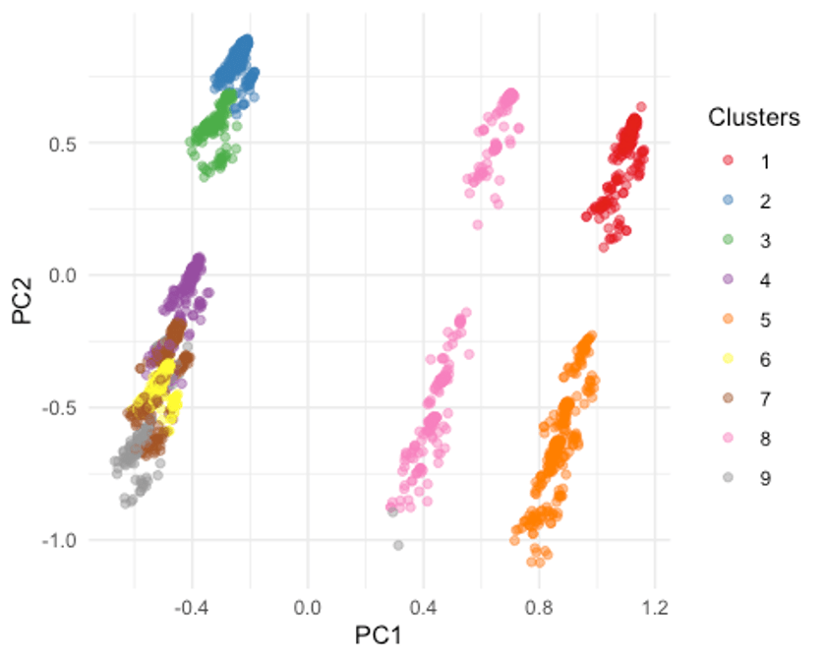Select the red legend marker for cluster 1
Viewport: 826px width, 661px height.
726,160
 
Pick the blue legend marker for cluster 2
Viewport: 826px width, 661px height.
726,201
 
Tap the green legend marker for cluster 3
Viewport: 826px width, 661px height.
726,240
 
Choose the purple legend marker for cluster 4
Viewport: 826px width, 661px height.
726,280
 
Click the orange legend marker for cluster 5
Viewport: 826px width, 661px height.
726,320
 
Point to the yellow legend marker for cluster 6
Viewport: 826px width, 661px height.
726,360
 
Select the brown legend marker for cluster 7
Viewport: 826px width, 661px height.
726,399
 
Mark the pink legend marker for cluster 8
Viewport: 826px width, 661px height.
726,440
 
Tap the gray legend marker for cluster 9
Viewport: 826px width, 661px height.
726,479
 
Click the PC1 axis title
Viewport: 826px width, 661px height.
380,635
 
